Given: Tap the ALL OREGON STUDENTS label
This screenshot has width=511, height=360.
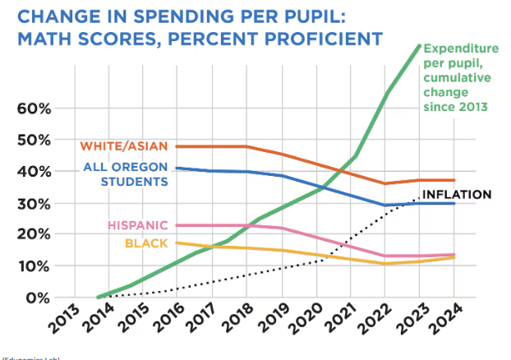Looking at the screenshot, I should click(x=127, y=174).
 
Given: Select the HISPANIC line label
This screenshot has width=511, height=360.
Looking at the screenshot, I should click(x=137, y=225).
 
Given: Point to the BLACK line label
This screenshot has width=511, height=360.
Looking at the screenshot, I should click(x=147, y=242).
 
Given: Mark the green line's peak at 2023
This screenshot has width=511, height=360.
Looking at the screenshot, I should click(x=420, y=46).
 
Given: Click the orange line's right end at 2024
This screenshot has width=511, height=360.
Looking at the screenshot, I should click(x=454, y=180).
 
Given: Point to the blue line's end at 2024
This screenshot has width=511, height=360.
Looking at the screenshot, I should click(x=454, y=203).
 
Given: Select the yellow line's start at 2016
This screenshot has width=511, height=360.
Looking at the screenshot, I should click(x=177, y=242).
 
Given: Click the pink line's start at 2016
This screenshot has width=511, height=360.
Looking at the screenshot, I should click(x=177, y=225).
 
